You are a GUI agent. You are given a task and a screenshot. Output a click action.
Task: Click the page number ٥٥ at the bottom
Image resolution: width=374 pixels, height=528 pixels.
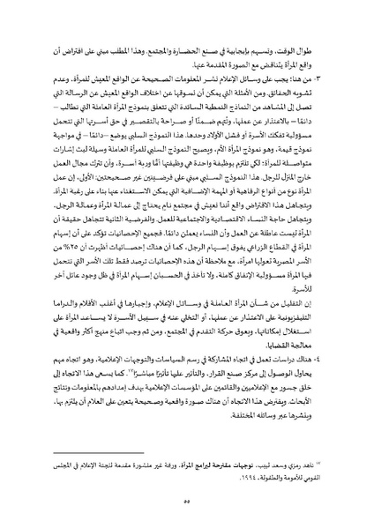click(x=188, y=497)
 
